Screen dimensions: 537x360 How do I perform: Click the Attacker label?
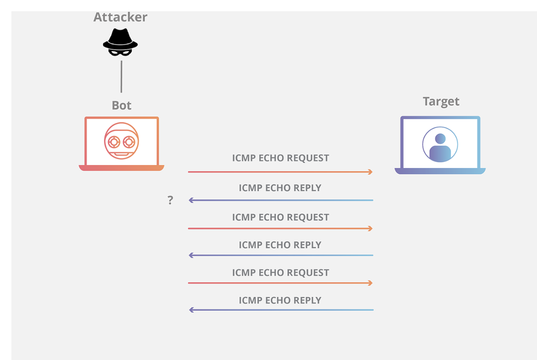[x=120, y=17]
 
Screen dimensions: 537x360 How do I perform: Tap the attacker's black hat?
[x=120, y=39]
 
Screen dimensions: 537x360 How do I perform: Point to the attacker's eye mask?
[x=120, y=52]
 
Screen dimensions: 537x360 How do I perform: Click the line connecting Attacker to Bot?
[x=121, y=77]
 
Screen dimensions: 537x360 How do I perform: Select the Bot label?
[x=121, y=105]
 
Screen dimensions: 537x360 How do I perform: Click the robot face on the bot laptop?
[x=121, y=141]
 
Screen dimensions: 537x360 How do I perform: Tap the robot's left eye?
[x=114, y=142]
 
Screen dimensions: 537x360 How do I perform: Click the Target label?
[x=441, y=101]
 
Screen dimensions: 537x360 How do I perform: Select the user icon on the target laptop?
[x=440, y=145]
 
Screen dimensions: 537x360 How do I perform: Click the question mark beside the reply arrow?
[x=170, y=200]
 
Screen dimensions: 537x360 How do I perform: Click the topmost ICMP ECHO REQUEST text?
[x=281, y=158]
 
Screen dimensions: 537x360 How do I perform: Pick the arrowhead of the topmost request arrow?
[x=371, y=172]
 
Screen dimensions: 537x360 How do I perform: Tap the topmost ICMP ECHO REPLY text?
[x=280, y=188]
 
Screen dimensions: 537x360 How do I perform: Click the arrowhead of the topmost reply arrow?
[x=191, y=200]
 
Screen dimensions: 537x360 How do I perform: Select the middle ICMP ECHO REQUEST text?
[x=281, y=217]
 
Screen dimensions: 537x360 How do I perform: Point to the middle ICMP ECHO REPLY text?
[x=280, y=245]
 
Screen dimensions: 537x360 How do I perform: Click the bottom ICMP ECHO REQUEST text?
[x=281, y=273]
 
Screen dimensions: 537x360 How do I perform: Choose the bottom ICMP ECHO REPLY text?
[x=280, y=300]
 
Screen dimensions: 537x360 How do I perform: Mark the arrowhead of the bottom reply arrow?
[x=192, y=310]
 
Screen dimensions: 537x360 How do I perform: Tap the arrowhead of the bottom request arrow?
[x=371, y=283]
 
